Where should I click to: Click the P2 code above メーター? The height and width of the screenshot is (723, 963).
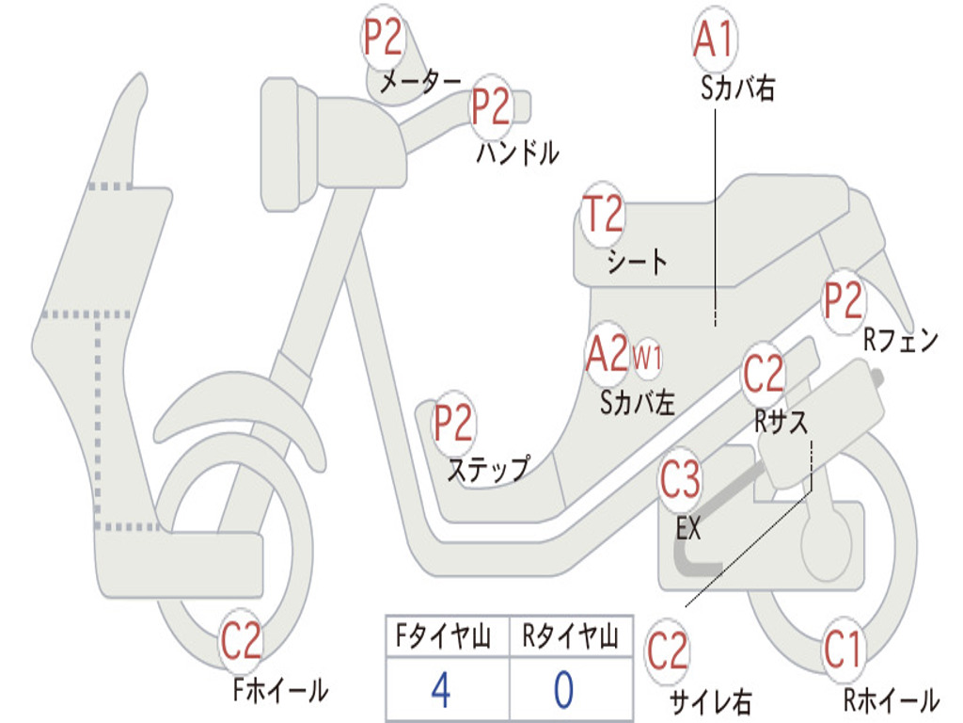point(383,39)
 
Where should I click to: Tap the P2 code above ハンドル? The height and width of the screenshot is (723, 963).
point(491,106)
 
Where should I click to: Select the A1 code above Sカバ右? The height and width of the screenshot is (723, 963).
point(714,40)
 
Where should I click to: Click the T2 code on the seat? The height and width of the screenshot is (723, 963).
point(602,215)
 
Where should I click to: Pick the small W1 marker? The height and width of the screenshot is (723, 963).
point(648,358)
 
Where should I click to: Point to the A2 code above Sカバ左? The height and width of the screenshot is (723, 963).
point(606,354)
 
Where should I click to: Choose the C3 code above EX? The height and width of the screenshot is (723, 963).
point(680,481)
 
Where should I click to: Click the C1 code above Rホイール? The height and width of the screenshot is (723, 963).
point(843,650)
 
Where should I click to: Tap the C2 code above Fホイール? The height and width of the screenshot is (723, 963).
point(241,642)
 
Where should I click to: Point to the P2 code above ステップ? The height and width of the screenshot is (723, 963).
point(453,424)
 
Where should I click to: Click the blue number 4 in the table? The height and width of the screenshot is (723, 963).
point(440,690)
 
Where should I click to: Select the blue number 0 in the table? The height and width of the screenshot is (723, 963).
point(563,690)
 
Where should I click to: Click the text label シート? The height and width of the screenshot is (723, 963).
point(638,262)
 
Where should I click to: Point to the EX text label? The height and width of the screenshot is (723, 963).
point(689,529)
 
